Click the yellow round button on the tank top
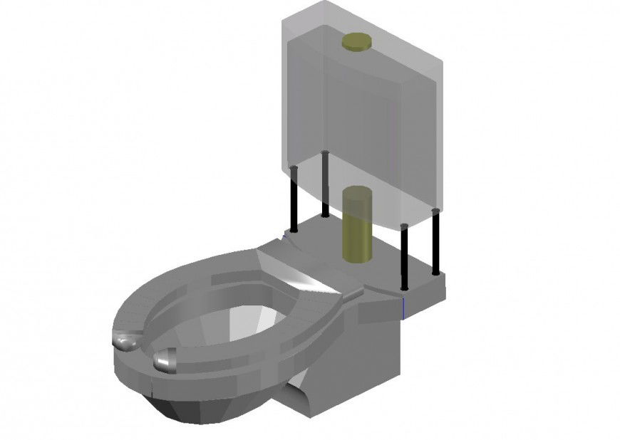(x=357, y=43)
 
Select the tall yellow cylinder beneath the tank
(x=356, y=224)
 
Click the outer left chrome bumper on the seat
(x=127, y=343)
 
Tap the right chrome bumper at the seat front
(x=166, y=360)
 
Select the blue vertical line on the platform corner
(x=404, y=308)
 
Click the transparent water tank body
(x=363, y=121)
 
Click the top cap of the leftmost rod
(x=293, y=168)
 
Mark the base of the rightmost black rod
(x=436, y=271)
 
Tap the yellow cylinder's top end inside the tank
(x=356, y=192)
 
